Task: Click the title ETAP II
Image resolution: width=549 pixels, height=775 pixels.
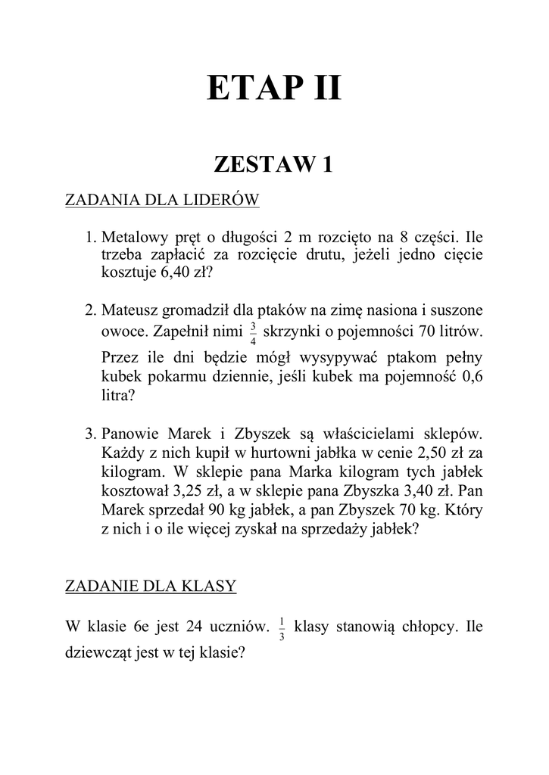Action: point(274,89)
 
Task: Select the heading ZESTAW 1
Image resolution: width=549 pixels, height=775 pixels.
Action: point(274,164)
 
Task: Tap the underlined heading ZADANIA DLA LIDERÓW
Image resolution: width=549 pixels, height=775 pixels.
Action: point(163,201)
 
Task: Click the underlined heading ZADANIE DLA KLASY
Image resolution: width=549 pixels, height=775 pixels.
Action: point(151,585)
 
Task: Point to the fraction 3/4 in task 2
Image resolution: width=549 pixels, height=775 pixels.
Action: point(252,332)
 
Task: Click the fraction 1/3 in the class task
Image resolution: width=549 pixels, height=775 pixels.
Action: point(282,628)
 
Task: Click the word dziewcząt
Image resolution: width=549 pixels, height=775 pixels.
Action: point(98,652)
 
